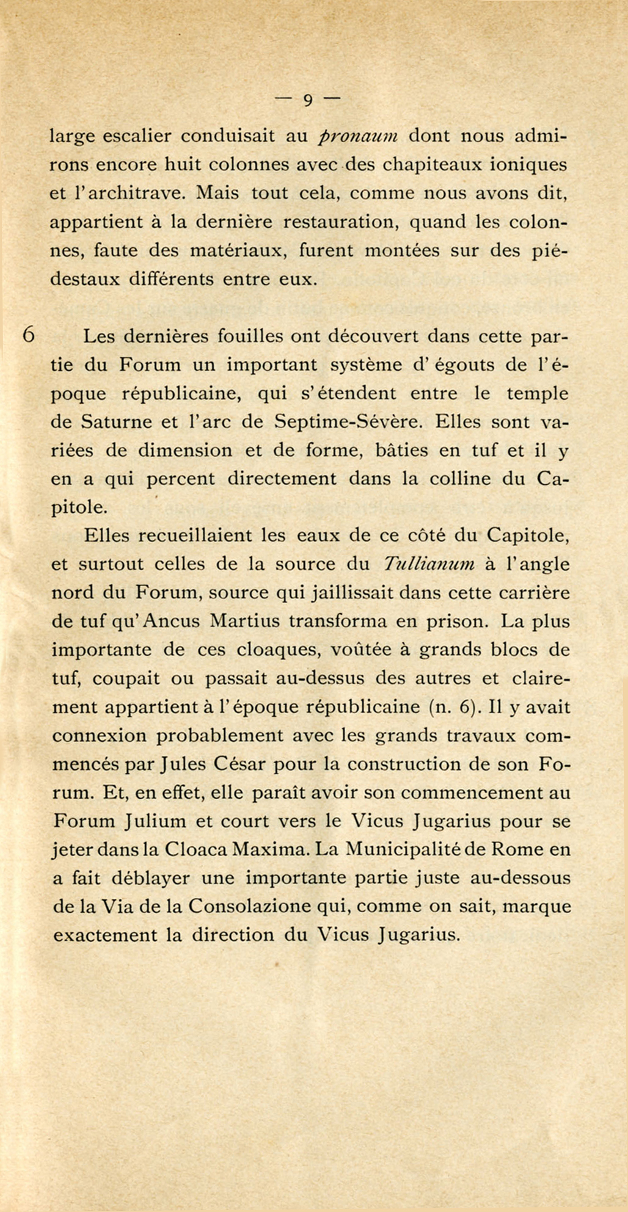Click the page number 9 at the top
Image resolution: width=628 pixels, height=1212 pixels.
coord(307,100)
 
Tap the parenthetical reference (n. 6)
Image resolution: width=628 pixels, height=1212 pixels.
coord(451,707)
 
